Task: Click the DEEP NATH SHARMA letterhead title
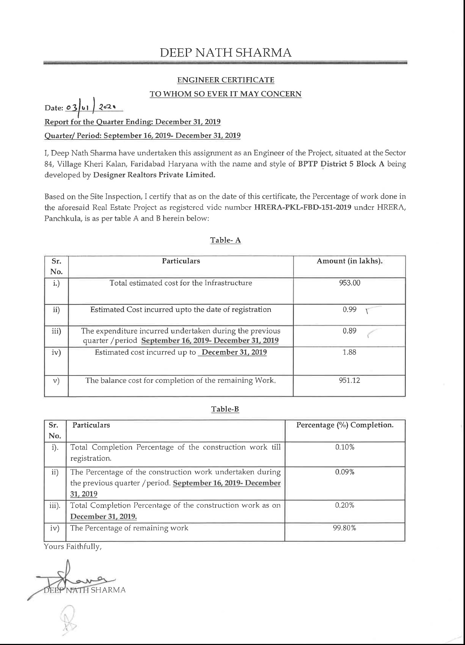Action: tap(226, 53)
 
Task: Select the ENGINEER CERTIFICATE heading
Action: tap(226, 80)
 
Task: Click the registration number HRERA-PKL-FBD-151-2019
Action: tap(303, 208)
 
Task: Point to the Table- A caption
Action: tap(226, 240)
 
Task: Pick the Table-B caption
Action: tap(225, 409)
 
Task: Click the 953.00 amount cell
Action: tap(349, 283)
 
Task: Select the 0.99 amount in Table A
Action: tap(349, 309)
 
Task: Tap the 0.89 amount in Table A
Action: tap(349, 331)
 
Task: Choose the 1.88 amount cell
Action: tap(349, 352)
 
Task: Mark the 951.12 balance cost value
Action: tap(349, 380)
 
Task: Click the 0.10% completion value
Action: tap(345, 447)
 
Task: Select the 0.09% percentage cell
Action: tap(345, 472)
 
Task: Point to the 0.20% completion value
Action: tap(345, 505)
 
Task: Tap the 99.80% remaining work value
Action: tap(345, 528)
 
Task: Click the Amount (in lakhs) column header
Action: tap(349, 261)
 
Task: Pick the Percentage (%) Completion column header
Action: tap(345, 425)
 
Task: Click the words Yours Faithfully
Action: tap(73, 547)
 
